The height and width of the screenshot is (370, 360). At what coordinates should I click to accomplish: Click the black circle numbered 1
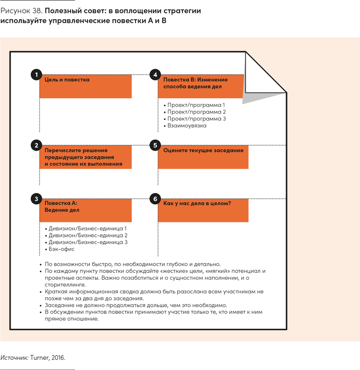(35, 75)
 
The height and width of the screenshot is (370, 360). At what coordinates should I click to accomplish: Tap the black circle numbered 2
(35, 145)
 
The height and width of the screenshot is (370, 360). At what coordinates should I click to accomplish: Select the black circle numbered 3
(35, 199)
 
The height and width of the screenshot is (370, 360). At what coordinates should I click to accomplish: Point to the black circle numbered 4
(155, 75)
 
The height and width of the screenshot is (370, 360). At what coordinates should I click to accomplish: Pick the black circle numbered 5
(155, 145)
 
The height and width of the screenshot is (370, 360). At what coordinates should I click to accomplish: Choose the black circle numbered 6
(155, 199)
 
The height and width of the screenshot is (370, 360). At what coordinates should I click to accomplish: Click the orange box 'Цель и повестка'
(86, 86)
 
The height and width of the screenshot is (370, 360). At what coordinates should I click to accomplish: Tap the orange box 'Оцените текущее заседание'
(203, 157)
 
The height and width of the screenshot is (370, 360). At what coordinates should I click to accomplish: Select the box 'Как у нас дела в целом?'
(203, 210)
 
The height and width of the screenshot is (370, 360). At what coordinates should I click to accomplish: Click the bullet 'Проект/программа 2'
(197, 112)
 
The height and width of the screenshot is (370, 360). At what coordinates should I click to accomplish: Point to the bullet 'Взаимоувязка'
(187, 126)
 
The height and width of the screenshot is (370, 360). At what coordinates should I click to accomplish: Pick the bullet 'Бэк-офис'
(62, 249)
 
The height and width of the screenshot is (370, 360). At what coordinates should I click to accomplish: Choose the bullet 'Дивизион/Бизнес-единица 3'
(88, 242)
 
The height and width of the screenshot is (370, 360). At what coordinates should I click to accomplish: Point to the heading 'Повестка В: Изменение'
(195, 80)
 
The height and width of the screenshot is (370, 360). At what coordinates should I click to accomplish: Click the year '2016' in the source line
(58, 358)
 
